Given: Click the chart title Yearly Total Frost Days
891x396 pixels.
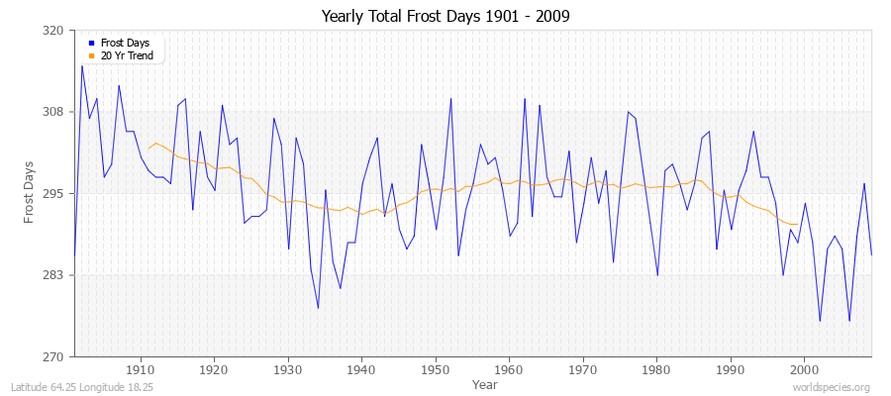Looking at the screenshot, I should click(x=445, y=16).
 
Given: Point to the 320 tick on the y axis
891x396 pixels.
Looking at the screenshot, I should click(x=54, y=31).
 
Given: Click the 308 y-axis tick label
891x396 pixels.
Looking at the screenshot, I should click(x=54, y=112).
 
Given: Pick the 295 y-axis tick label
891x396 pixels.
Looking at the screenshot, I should click(x=54, y=193).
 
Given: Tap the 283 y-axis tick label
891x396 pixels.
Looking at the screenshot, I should click(x=54, y=275).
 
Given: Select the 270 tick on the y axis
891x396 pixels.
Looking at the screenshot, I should click(x=54, y=356).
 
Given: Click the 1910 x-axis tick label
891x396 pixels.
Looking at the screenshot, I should click(x=141, y=369).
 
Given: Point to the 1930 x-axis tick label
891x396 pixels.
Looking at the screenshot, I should click(x=288, y=369).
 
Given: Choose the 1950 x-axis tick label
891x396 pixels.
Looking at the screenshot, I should click(x=436, y=369).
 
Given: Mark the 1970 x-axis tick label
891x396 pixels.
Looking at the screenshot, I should click(x=583, y=369).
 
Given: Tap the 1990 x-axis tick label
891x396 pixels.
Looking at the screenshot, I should click(x=731, y=369).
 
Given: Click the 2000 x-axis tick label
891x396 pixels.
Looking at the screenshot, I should click(x=804, y=369).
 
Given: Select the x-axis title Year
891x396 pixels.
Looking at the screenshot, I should click(x=485, y=383).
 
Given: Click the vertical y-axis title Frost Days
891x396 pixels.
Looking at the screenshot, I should click(x=30, y=193).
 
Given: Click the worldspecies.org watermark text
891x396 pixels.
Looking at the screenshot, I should click(x=832, y=387).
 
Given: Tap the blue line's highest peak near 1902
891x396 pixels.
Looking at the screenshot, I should click(x=82, y=65).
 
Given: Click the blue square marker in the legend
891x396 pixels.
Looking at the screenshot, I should click(x=90, y=43).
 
